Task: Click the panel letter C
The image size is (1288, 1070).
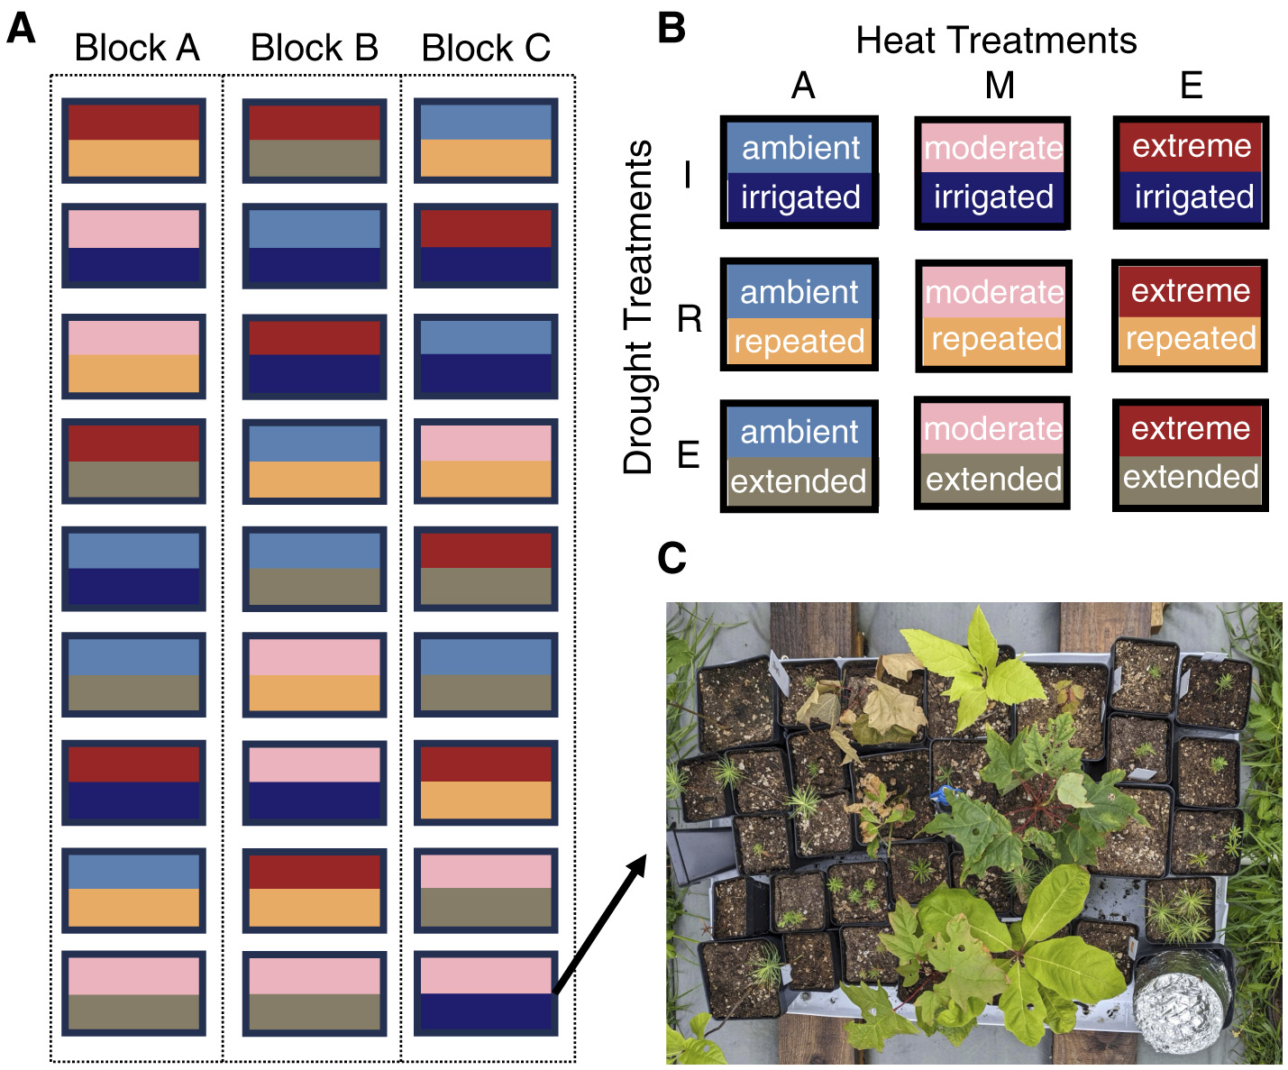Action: tap(672, 558)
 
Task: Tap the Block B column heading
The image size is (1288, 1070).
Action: tap(314, 48)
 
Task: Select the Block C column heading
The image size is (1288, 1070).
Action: tap(486, 48)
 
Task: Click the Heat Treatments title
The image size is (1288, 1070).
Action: tap(995, 41)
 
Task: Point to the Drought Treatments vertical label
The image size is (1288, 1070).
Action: tap(638, 306)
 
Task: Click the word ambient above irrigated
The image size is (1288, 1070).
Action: tap(800, 148)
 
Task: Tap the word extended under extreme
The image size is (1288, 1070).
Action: tap(1190, 476)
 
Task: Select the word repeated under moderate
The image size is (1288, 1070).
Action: tap(995, 339)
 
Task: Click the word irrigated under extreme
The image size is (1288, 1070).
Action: tap(1193, 197)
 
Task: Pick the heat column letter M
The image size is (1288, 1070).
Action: tap(1000, 87)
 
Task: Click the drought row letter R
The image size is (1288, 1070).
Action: tap(690, 318)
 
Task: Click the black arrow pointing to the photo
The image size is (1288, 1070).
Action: tap(599, 924)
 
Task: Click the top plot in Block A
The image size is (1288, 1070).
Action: tap(133, 141)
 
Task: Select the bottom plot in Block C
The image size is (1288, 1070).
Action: tap(486, 993)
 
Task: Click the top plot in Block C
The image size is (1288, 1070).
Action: tap(486, 141)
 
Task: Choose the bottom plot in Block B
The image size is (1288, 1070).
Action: tap(314, 993)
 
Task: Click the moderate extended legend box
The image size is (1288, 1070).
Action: tap(992, 453)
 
